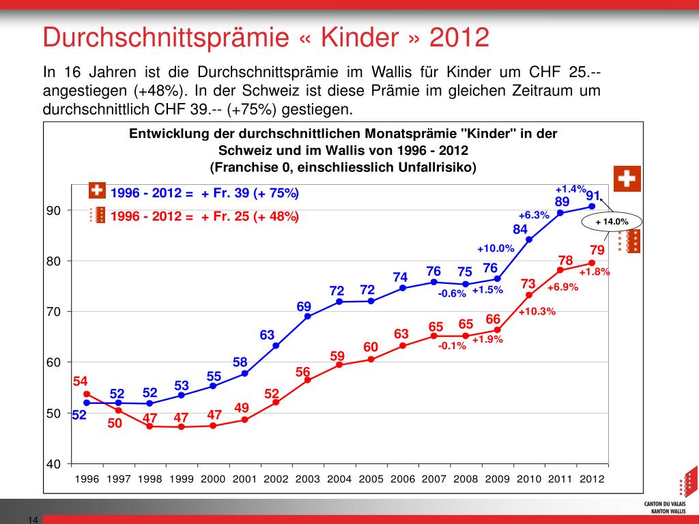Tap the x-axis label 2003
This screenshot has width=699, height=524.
pyautogui.click(x=307, y=479)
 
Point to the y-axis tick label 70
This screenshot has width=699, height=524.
pyautogui.click(x=54, y=312)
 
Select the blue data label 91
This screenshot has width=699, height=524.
pyautogui.click(x=593, y=196)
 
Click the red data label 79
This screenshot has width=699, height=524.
pyautogui.click(x=597, y=250)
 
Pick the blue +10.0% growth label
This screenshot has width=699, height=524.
pyautogui.click(x=495, y=248)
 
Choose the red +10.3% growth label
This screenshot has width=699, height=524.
pyautogui.click(x=537, y=312)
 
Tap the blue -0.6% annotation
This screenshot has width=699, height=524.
pyautogui.click(x=452, y=293)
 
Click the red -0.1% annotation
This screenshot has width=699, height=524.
pyautogui.click(x=452, y=346)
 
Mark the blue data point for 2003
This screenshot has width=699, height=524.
pyautogui.click(x=307, y=316)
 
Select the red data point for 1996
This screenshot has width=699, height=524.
pyautogui.click(x=87, y=394)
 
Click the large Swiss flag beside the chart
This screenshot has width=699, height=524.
pyautogui.click(x=627, y=179)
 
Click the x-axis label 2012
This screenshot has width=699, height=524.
pyautogui.click(x=592, y=479)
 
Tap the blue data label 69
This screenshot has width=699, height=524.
pyautogui.click(x=304, y=307)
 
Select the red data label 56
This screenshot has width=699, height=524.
pyautogui.click(x=303, y=372)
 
